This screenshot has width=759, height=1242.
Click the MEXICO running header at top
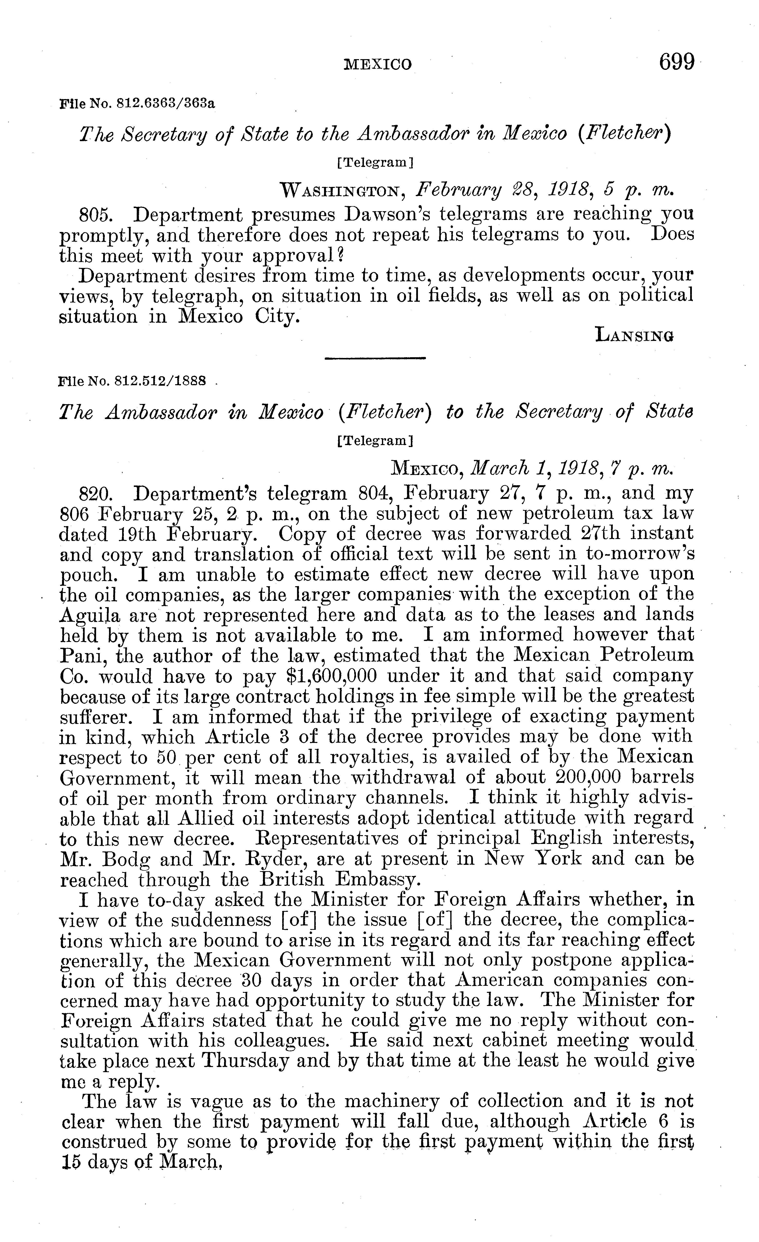(x=378, y=64)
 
